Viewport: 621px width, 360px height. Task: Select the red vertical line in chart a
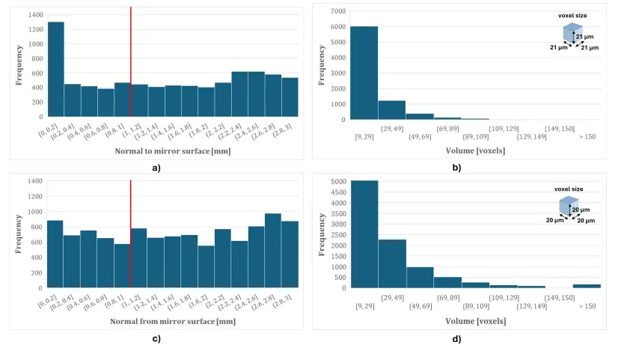(x=131, y=61)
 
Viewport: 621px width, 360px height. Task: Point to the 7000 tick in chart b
(x=337, y=11)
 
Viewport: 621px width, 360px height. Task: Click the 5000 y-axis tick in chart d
(x=337, y=181)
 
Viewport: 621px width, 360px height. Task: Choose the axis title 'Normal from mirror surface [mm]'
(x=165, y=322)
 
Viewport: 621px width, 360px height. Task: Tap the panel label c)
(x=156, y=338)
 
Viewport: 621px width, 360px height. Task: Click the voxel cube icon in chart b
(x=572, y=34)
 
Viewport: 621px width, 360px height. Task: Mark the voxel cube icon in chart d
(x=569, y=205)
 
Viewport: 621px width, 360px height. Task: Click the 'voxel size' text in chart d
(x=569, y=189)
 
